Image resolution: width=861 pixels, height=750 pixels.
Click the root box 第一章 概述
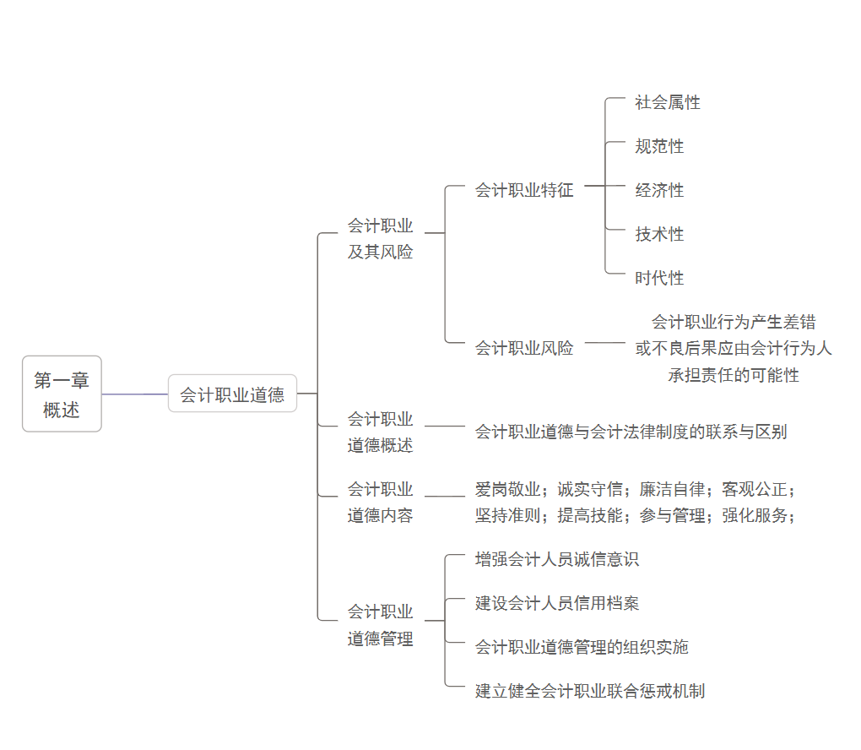62,394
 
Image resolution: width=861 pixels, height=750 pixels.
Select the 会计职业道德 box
232,394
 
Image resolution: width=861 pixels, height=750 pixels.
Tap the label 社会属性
668,102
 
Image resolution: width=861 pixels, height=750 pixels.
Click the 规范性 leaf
659,146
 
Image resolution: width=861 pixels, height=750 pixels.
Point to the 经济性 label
659,190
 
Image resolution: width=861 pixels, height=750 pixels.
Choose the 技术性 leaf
659,234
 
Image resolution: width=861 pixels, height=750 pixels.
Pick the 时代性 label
659,278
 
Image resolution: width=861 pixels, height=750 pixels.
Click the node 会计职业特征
523,190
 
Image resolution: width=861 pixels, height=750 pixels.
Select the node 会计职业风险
523,347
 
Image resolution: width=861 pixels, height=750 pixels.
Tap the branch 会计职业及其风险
380,238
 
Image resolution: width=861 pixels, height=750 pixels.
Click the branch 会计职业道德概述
380,432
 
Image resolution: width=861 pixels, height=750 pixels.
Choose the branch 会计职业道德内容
380,502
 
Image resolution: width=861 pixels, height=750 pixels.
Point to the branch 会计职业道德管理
380,625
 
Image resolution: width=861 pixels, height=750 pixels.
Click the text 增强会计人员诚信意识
557,559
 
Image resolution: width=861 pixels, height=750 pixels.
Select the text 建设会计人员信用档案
557,603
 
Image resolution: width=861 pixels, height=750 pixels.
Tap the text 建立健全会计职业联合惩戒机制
589,691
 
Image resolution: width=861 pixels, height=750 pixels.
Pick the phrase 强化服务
755,515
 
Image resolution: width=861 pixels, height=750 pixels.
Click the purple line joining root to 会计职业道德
135,394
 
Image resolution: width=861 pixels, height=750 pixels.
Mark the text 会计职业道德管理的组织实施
582,647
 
